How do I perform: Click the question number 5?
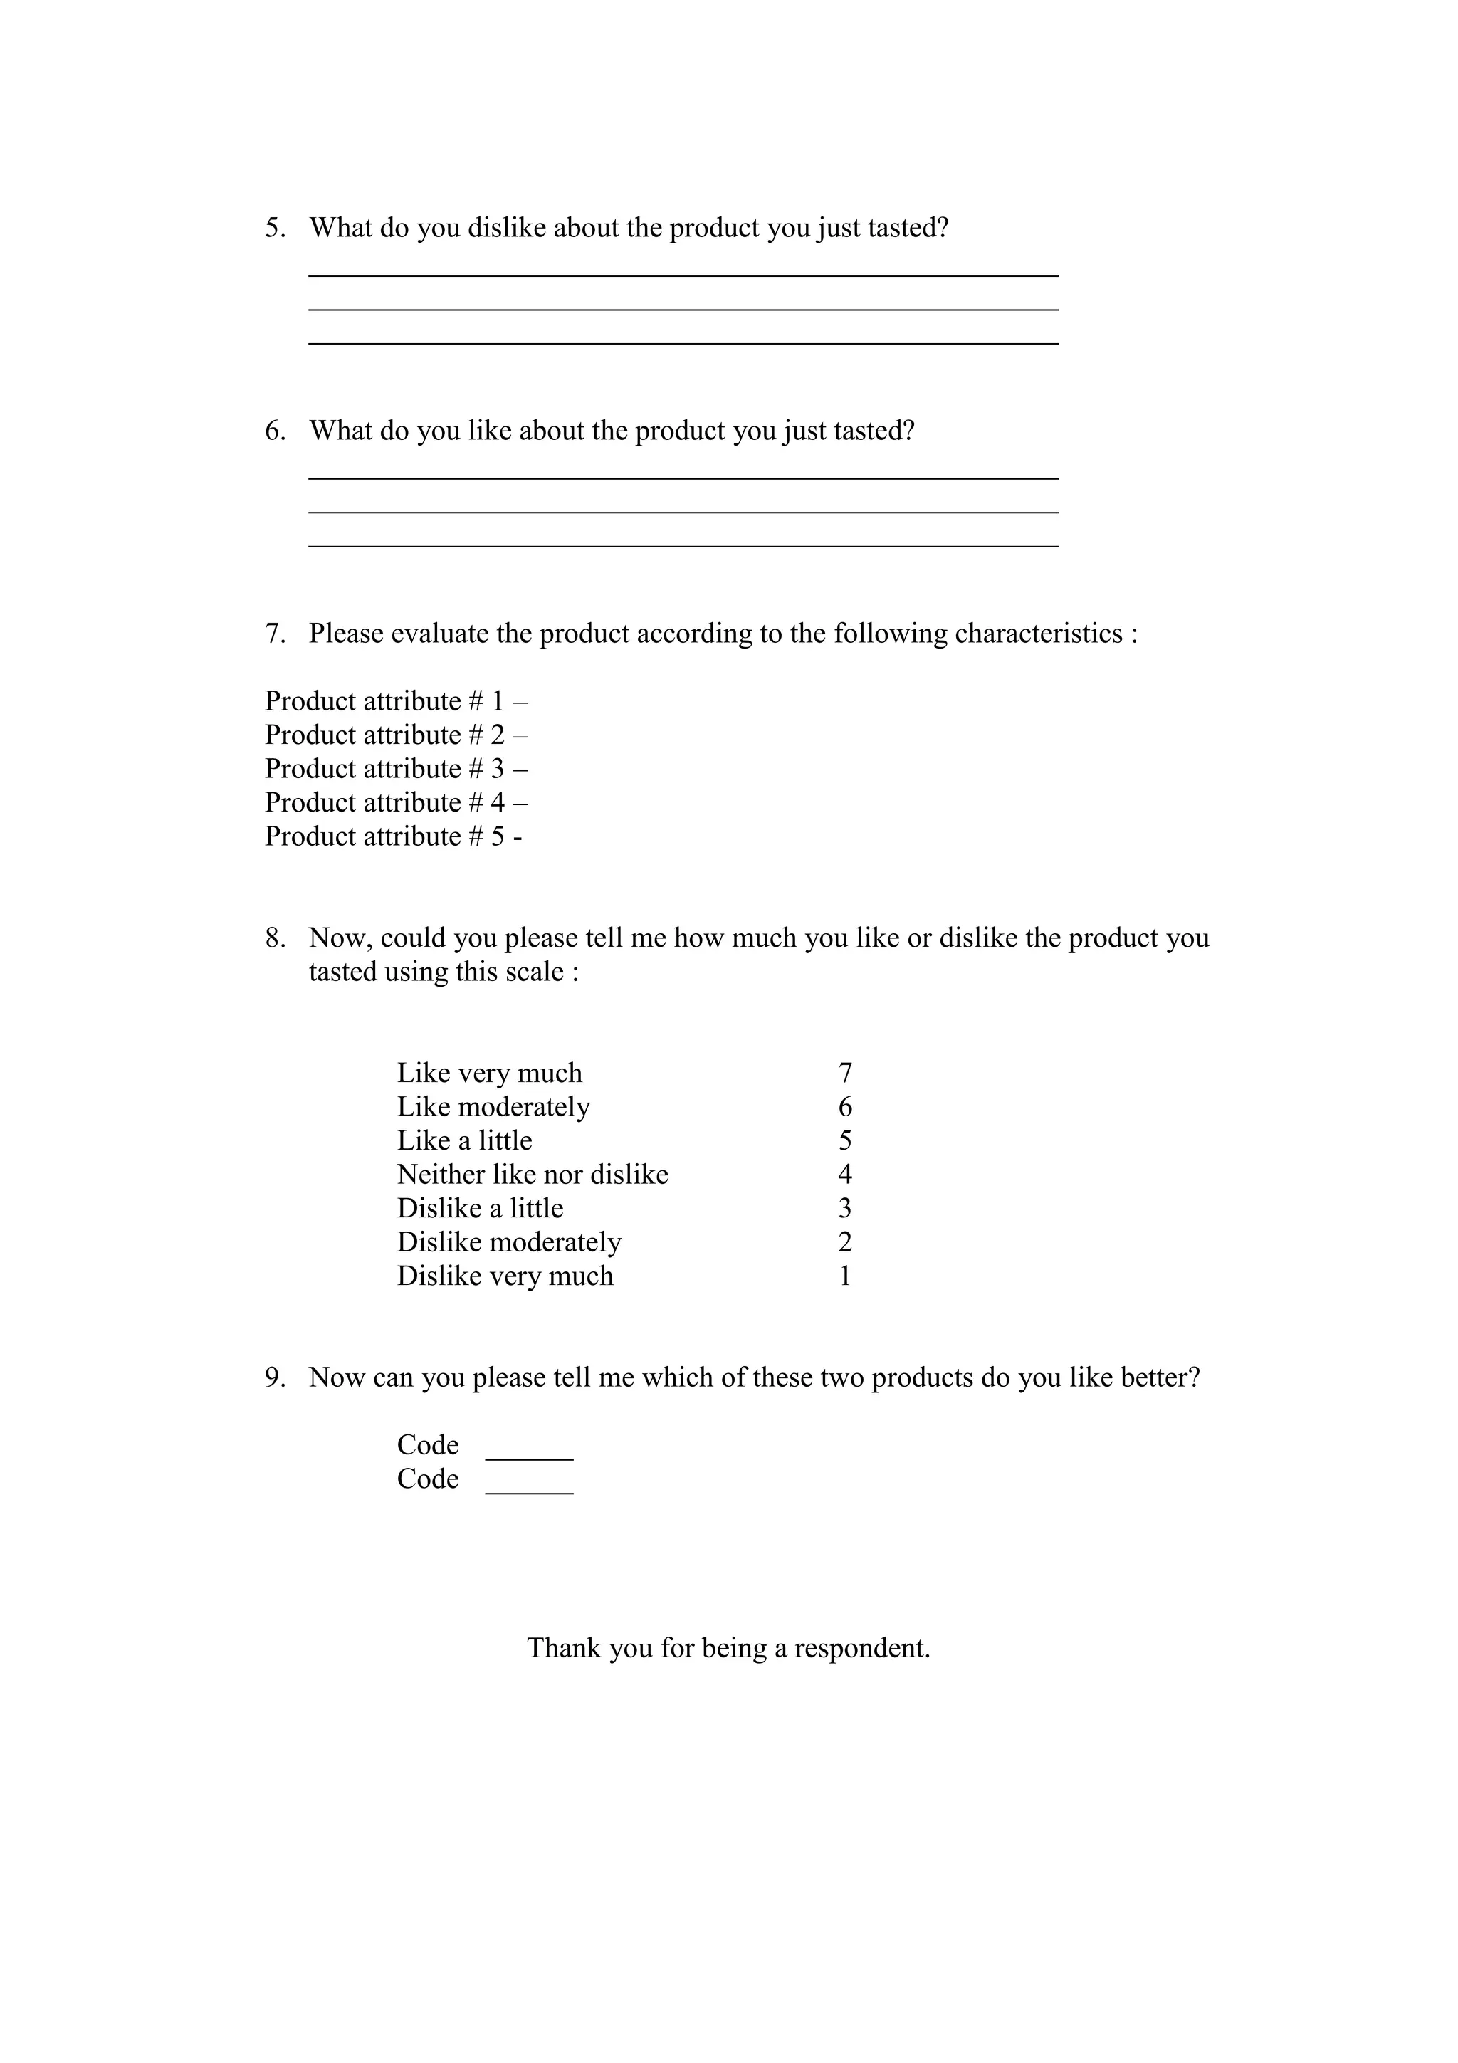275,229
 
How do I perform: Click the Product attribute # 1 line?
395,701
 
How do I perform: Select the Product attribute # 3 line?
395,769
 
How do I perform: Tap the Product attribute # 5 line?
394,836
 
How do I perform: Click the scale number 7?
844,1073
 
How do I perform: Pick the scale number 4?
844,1175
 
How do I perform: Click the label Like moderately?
493,1107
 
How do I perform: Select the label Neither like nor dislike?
533,1175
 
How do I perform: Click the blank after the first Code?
529,1456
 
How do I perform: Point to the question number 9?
275,1377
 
